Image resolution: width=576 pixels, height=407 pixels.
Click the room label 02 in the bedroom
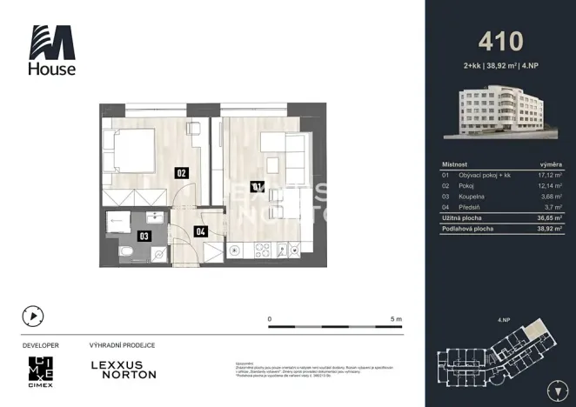click(182, 172)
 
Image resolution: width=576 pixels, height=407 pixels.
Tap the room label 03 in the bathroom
click(144, 234)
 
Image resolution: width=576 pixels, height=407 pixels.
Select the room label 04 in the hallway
click(200, 231)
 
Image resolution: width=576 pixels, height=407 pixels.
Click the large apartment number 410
click(500, 41)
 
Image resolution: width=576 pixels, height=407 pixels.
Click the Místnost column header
click(455, 163)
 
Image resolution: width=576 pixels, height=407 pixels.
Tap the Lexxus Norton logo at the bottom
click(124, 369)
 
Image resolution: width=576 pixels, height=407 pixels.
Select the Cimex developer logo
click(41, 369)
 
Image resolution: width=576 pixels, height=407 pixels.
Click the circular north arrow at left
click(33, 317)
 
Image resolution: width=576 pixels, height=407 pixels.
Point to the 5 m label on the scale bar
click(397, 319)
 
